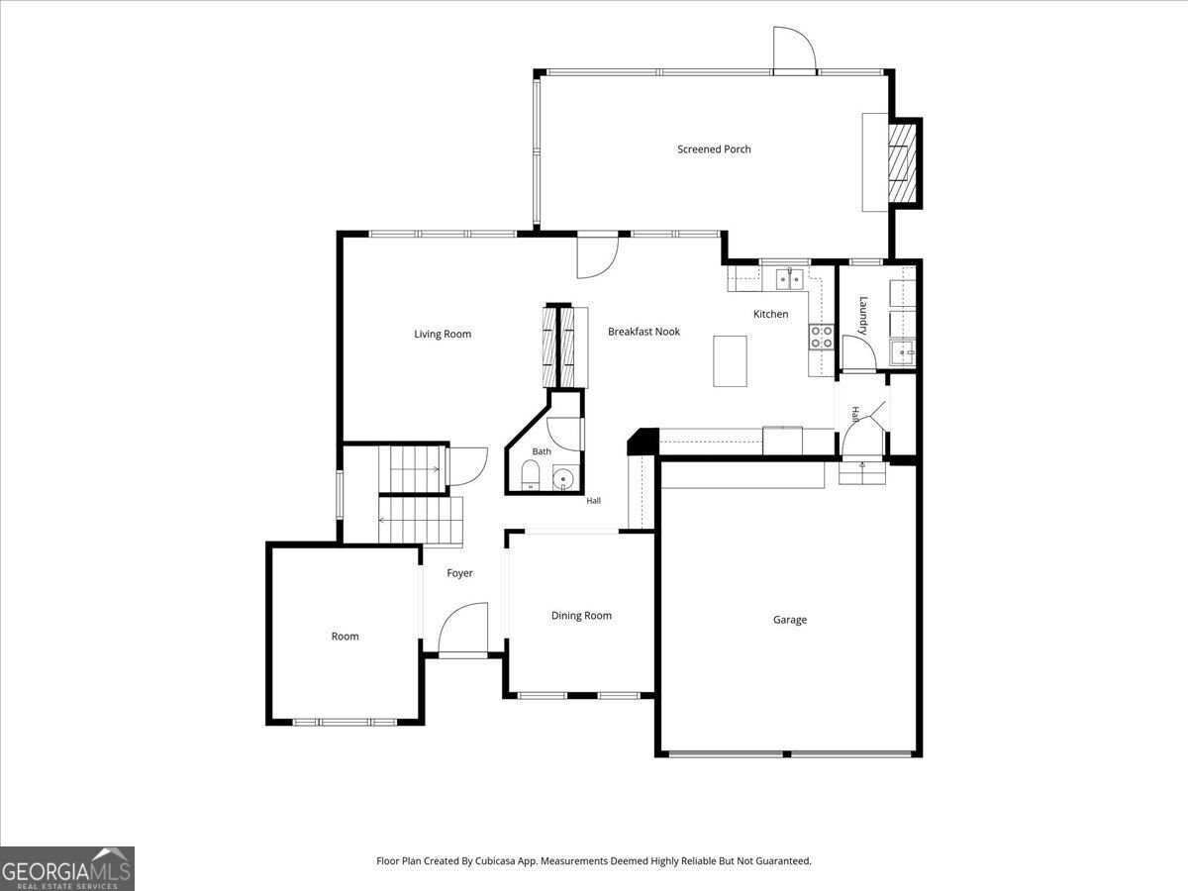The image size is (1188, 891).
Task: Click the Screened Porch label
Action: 714,149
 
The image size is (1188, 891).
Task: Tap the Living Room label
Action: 443,335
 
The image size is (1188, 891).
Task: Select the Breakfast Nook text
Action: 643,332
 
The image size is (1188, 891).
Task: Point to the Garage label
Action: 790,620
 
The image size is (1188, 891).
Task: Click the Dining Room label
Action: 581,616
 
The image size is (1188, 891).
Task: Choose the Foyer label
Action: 459,573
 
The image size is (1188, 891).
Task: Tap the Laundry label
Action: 863,316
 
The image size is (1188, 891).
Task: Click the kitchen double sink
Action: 790,279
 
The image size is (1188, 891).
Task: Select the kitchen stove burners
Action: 822,337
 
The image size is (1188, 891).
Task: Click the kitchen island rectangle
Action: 730,360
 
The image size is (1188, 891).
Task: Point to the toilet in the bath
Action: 529,475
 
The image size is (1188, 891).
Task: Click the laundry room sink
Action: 902,353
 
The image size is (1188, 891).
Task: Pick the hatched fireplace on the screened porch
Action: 903,161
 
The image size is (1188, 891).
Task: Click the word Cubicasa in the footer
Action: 496,860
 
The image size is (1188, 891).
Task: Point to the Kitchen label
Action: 770,314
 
